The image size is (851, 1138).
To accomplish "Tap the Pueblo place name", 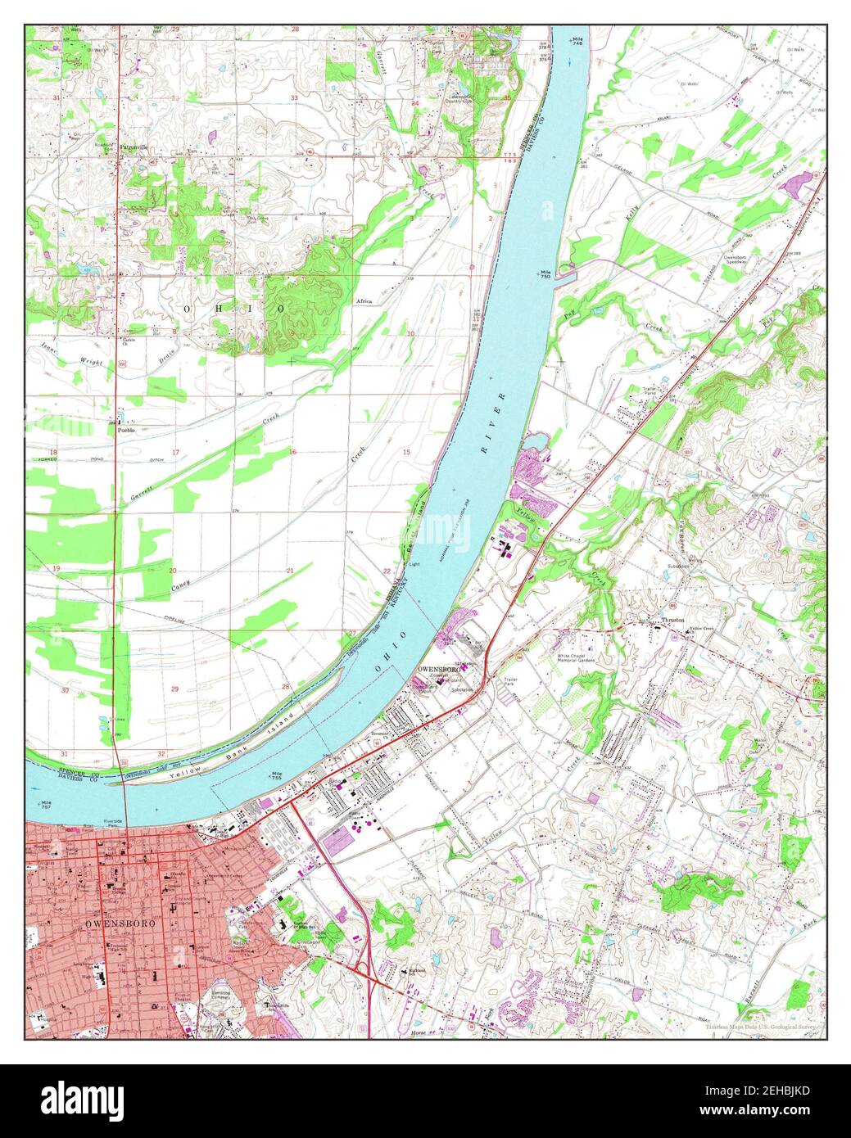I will click(126, 429).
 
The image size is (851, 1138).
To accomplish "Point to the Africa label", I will click(364, 301).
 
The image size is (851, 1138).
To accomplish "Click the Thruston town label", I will click(673, 621).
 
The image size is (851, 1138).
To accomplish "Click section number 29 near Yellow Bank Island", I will click(174, 689).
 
